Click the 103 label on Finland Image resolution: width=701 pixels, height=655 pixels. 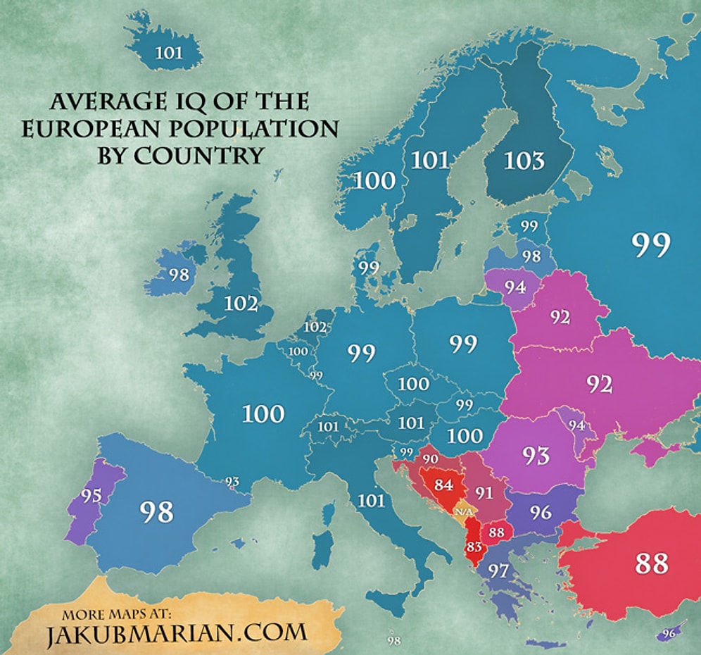pyautogui.click(x=524, y=161)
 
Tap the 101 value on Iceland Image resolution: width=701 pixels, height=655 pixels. pyautogui.click(x=168, y=52)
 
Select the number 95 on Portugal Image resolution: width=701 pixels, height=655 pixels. pyautogui.click(x=91, y=496)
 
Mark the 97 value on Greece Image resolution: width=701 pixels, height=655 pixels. pyautogui.click(x=498, y=570)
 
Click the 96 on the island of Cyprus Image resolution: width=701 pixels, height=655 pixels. pyautogui.click(x=668, y=633)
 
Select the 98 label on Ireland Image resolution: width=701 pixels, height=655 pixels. pyautogui.click(x=179, y=274)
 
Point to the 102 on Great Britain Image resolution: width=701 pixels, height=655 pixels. pyautogui.click(x=241, y=304)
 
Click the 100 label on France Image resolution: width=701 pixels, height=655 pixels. pyautogui.click(x=263, y=413)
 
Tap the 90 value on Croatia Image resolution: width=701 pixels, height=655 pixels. pyautogui.click(x=430, y=459)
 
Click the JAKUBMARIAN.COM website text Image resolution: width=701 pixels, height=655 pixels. pyautogui.click(x=177, y=632)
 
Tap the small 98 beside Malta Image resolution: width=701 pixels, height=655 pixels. pyautogui.click(x=394, y=641)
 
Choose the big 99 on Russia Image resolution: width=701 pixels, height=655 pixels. pyautogui.click(x=651, y=244)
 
